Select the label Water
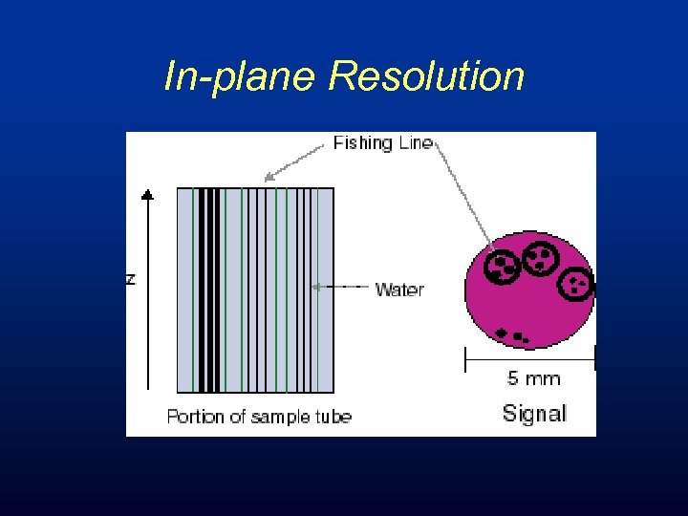tap(399, 289)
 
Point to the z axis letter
tap(131, 278)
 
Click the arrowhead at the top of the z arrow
tap(147, 195)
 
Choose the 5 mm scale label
tap(533, 378)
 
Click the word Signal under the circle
tap(534, 414)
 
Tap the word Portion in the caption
tap(196, 417)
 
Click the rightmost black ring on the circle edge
tap(576, 282)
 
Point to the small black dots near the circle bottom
tap(514, 335)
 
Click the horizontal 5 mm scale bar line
tap(529, 359)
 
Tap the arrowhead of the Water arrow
tap(317, 286)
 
